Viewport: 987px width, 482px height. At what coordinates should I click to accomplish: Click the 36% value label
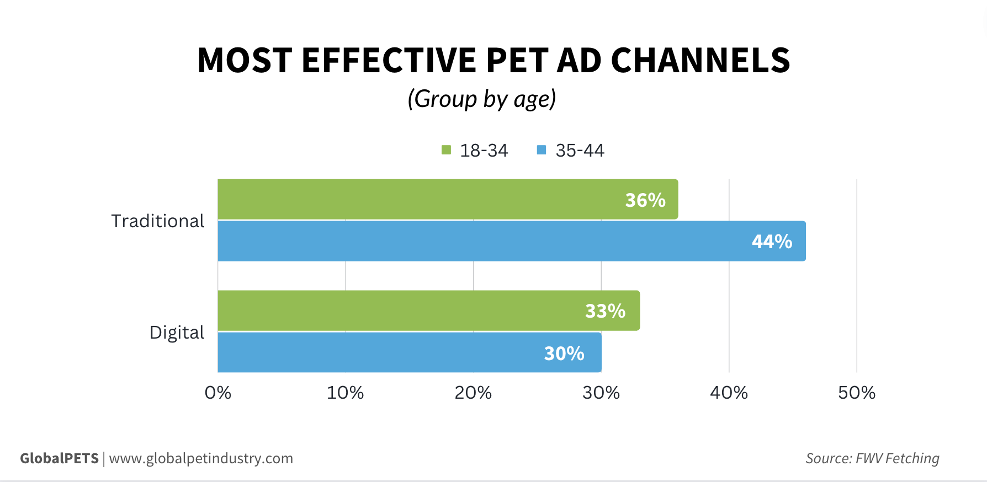point(645,200)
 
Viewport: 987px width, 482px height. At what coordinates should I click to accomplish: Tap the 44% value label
point(772,242)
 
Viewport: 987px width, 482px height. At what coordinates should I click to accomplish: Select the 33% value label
point(605,311)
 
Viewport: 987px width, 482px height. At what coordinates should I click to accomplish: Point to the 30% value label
point(564,354)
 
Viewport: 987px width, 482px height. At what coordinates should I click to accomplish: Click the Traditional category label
point(158,221)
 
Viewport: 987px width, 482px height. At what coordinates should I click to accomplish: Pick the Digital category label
point(177,333)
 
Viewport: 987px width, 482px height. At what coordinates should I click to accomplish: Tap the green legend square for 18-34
point(447,150)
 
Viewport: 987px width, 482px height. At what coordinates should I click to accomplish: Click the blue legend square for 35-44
point(542,150)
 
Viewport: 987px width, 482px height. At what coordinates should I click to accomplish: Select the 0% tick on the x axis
point(217,393)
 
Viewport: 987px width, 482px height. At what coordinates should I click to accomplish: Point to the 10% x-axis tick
point(345,393)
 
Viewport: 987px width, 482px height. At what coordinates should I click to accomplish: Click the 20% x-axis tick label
point(473,393)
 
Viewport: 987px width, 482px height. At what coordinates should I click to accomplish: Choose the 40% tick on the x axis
point(729,393)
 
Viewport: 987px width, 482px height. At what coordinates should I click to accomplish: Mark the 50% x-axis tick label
point(856,393)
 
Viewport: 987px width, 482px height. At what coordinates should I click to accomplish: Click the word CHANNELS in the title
point(701,60)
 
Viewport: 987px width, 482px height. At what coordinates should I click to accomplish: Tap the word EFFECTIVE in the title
point(389,60)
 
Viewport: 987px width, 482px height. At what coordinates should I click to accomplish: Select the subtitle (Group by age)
point(481,99)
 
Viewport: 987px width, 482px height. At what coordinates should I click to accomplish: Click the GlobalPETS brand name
point(59,458)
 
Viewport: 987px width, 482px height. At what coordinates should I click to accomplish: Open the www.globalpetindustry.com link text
point(201,458)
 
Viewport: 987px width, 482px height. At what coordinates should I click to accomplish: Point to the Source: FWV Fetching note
point(872,458)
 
